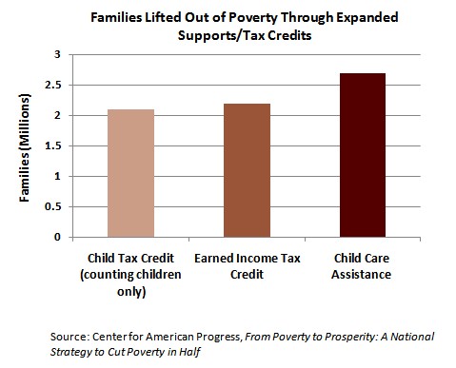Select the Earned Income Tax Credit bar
pos(248,170)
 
